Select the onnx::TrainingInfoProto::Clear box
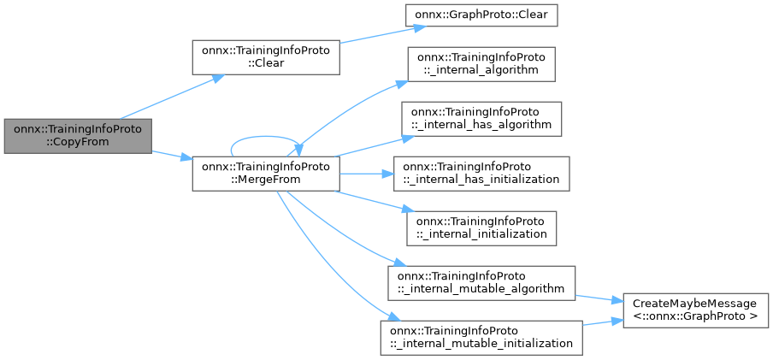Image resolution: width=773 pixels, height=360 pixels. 265,57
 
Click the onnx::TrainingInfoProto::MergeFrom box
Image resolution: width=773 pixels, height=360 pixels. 265,174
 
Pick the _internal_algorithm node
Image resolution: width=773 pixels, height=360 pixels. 483,64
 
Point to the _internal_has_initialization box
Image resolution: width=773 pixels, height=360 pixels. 481,173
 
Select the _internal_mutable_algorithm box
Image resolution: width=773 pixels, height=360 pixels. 481,282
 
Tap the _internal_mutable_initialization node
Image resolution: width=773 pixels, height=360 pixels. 481,336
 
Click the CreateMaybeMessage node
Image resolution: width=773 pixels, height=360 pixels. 694,310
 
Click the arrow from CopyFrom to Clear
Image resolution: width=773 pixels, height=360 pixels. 171,97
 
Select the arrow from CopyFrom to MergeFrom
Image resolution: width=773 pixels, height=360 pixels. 171,156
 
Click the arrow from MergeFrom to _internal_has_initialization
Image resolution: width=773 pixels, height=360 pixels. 366,174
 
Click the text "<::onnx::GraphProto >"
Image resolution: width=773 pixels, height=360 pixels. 694,316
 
